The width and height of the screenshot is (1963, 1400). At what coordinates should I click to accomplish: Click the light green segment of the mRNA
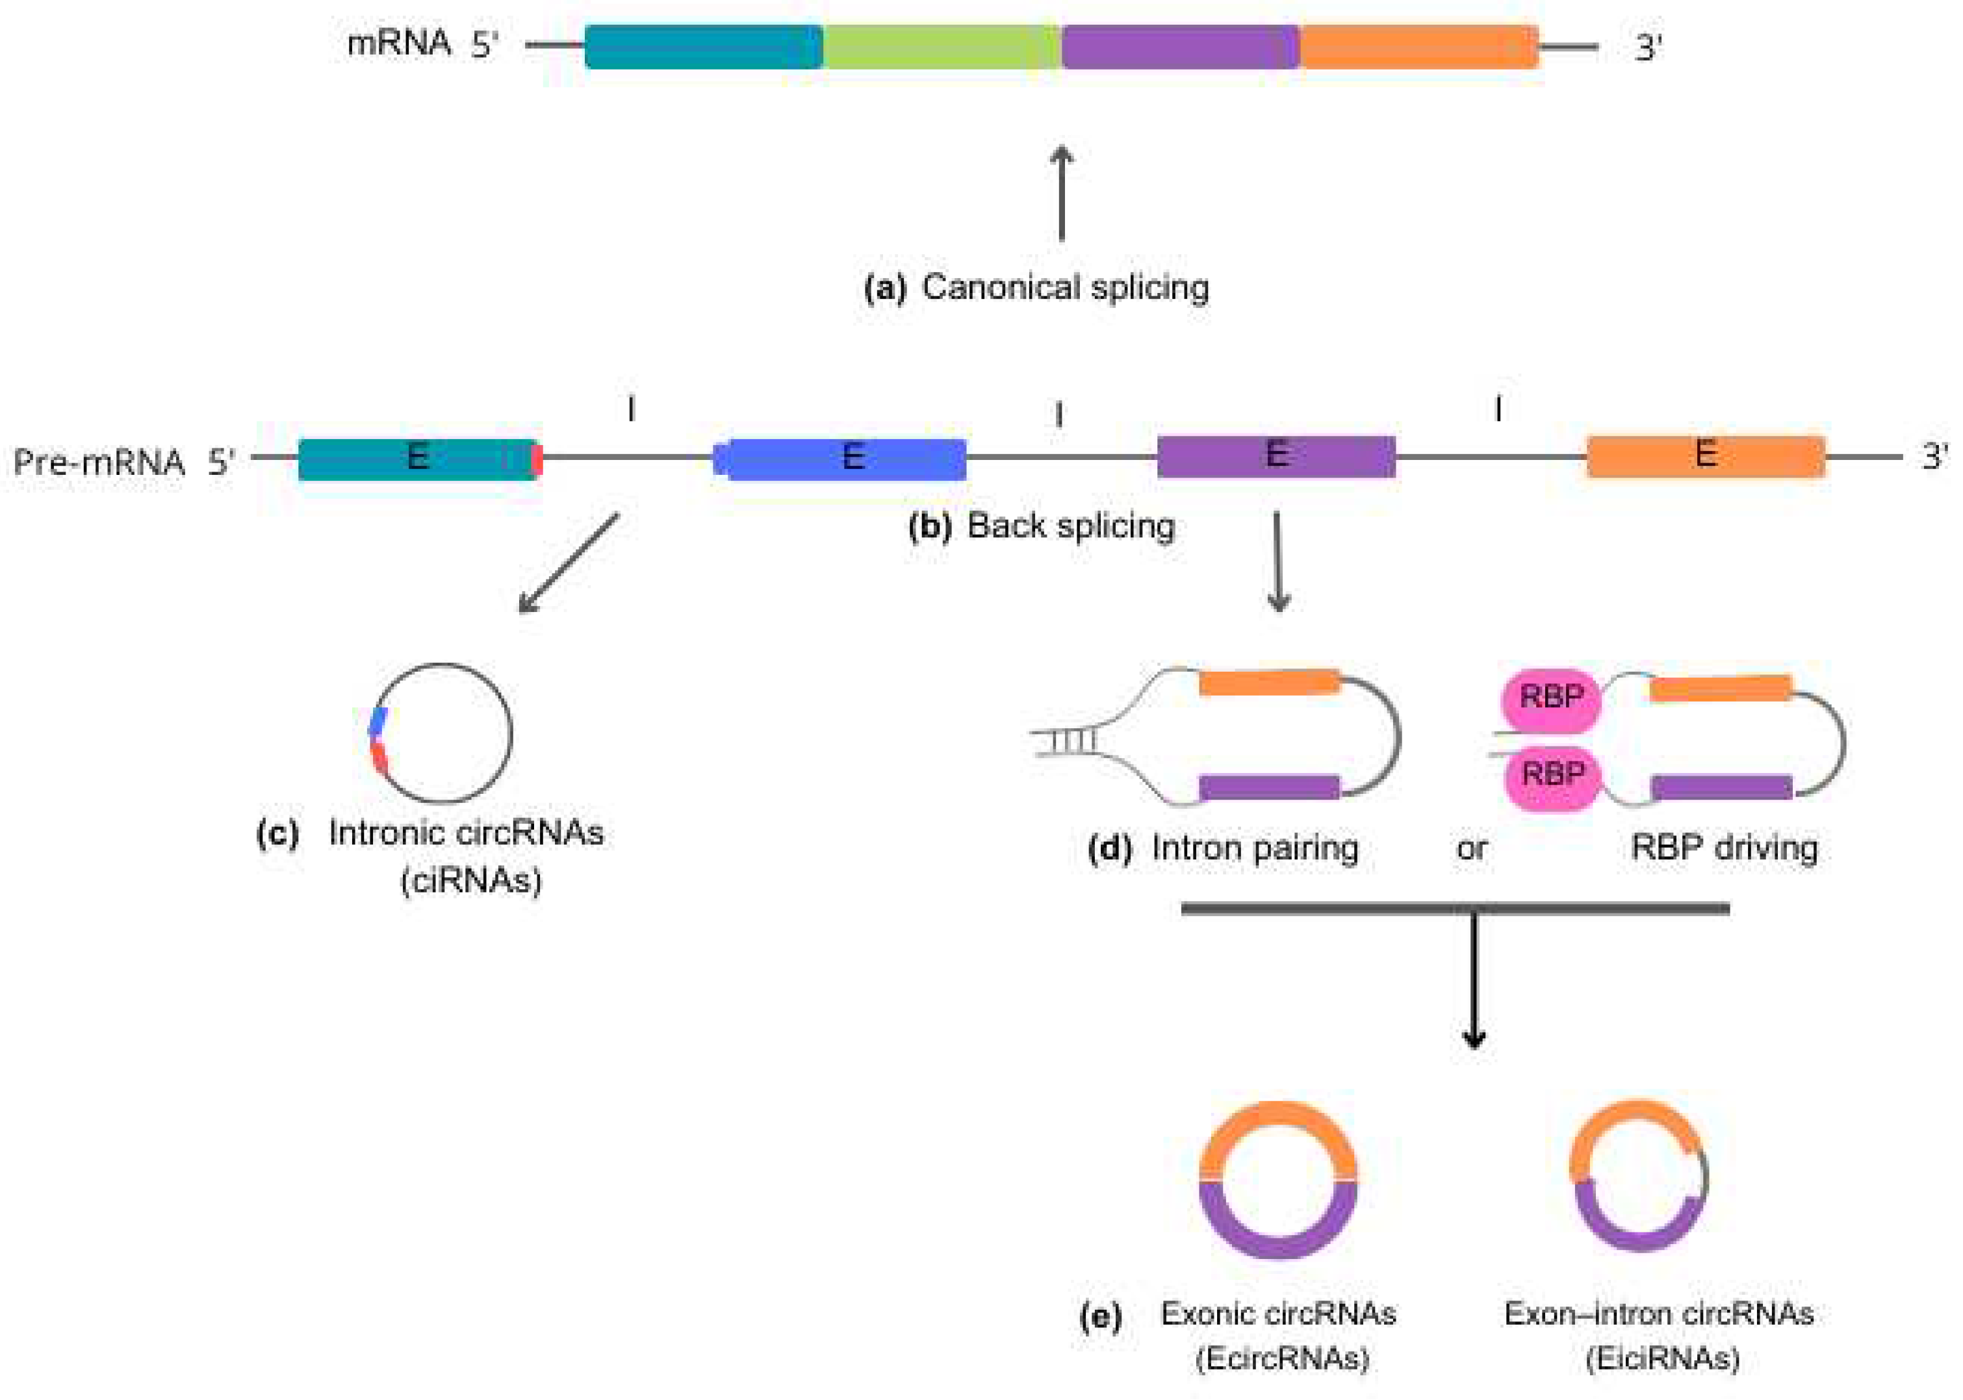[x=942, y=47]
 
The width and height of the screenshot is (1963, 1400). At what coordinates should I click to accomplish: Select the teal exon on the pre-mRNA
[x=417, y=459]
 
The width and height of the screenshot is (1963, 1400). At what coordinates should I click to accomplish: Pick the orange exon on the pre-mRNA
[x=1705, y=456]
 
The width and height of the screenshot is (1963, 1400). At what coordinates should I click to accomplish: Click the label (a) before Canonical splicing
[x=884, y=288]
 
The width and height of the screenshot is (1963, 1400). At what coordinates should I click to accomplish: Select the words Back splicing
[x=1071, y=526]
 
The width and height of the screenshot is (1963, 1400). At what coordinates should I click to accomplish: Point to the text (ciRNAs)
[x=470, y=880]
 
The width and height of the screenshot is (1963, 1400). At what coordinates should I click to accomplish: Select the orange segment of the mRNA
[x=1418, y=47]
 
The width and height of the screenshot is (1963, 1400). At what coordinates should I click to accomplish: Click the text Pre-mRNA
[x=98, y=463]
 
